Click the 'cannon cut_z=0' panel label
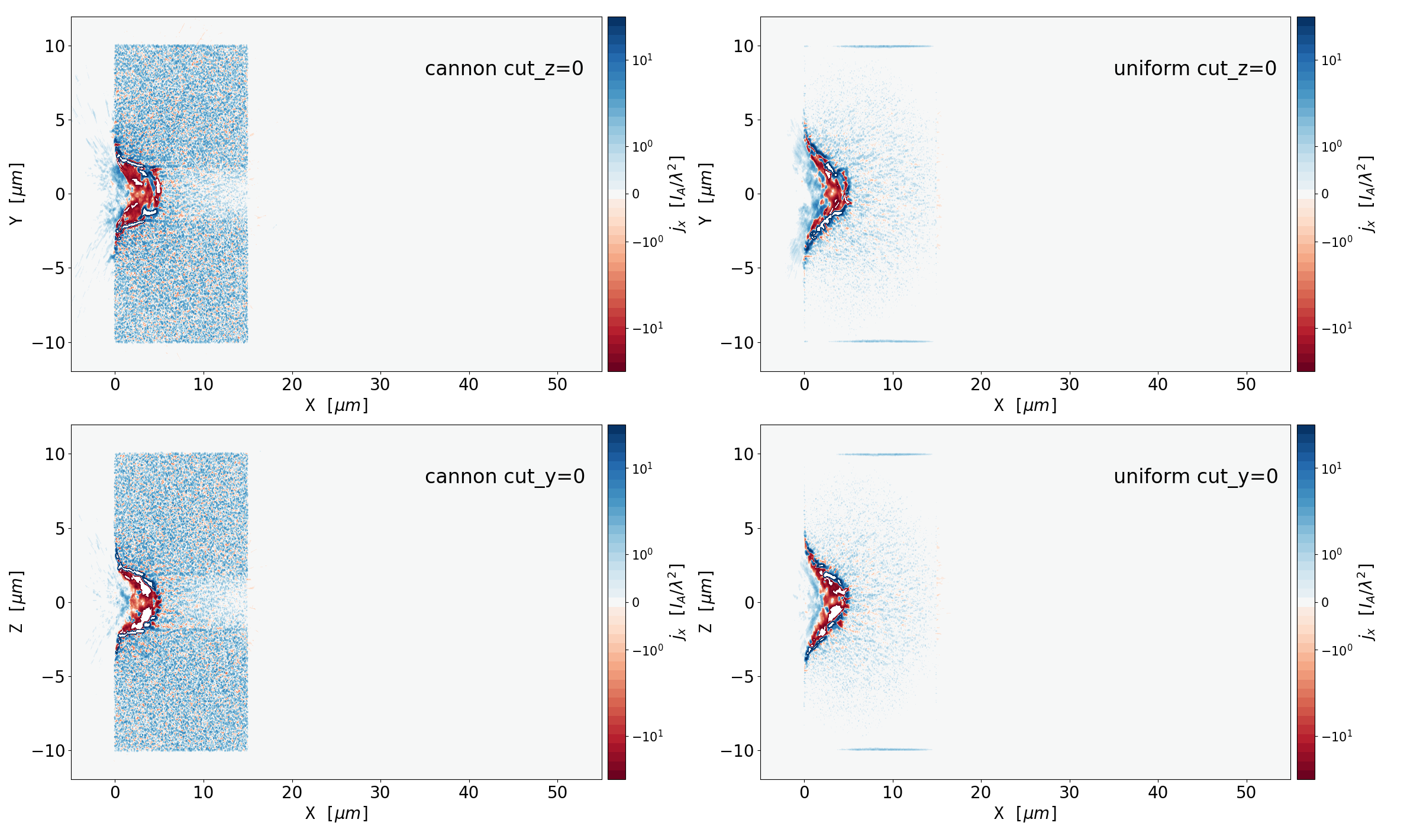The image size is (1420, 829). [504, 69]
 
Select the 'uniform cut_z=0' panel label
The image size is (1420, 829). [1195, 69]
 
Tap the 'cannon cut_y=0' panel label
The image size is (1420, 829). [505, 477]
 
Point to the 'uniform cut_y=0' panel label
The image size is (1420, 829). [1195, 477]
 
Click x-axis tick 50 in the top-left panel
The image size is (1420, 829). [557, 385]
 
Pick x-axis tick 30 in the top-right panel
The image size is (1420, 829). [1069, 385]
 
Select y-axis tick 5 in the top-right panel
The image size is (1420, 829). [748, 120]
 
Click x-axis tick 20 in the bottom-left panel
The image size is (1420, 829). [292, 793]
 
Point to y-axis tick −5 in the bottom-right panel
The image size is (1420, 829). [741, 677]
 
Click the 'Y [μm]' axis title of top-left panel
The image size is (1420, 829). [17, 194]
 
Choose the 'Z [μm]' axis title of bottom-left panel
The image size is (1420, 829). [17, 602]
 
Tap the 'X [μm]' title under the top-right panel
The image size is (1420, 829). [1025, 406]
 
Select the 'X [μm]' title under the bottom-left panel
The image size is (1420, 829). [336, 814]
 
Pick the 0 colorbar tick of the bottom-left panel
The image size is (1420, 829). [636, 602]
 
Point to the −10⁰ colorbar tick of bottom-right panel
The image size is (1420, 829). [1337, 650]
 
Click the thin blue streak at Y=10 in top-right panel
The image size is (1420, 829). [883, 46]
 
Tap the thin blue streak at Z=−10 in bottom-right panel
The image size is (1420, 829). [885, 749]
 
